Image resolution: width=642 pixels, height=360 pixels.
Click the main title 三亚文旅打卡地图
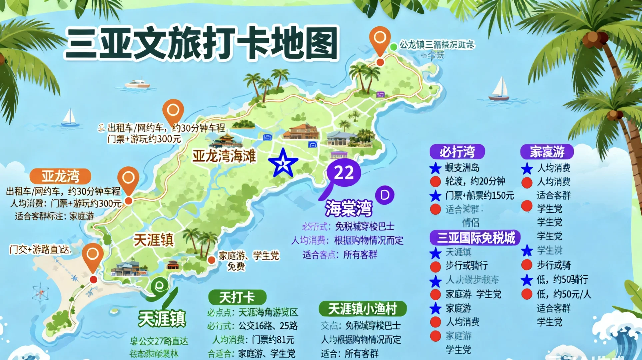click(202, 43)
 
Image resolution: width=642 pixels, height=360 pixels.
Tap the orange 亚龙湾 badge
click(60, 176)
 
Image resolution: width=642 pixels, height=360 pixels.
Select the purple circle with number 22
click(344, 173)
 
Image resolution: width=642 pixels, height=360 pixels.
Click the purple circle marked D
click(385, 195)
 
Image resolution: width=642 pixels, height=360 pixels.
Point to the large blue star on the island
click(283, 163)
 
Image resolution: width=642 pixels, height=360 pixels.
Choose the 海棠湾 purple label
click(348, 208)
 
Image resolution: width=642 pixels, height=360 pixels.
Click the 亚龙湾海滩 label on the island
click(224, 156)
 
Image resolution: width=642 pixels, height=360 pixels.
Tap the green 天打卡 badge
click(237, 297)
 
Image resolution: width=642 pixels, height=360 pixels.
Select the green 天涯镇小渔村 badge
click(362, 309)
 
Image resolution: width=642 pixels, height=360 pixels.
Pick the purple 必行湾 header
click(457, 152)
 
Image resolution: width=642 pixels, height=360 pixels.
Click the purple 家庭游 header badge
click(547, 152)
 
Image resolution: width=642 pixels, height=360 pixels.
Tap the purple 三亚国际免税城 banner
click(475, 238)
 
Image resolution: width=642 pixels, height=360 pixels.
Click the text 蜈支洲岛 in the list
click(462, 168)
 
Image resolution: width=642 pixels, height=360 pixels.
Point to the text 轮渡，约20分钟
click(475, 181)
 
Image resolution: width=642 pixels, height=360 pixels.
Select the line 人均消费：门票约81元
click(253, 340)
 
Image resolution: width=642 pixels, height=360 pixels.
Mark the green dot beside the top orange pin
click(393, 47)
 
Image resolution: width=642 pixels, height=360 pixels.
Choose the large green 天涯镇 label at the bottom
click(162, 319)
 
